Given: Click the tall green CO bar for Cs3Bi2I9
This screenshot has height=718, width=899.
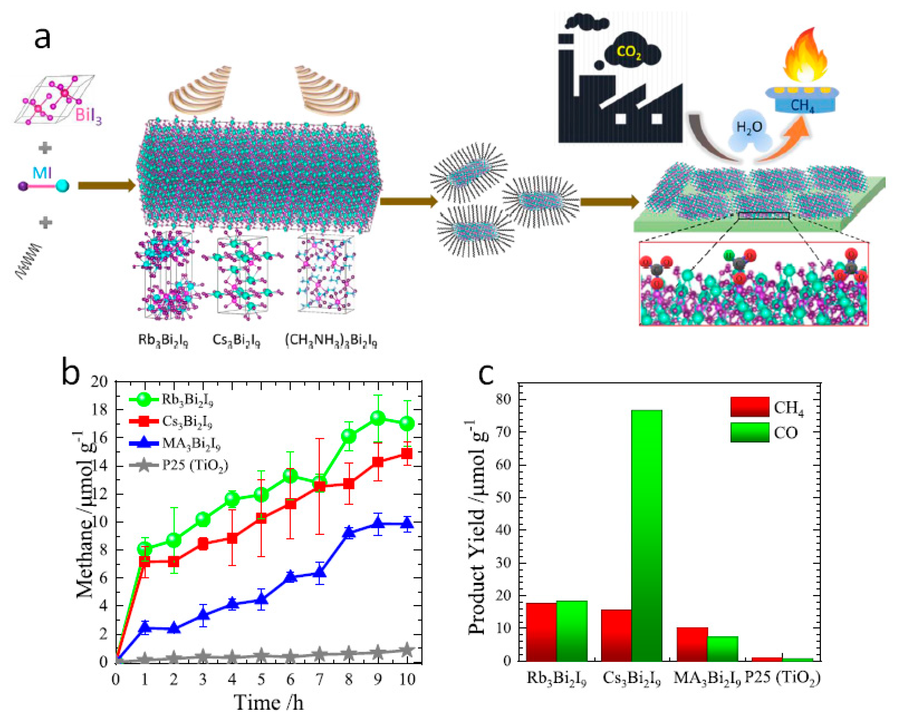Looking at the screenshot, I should coord(647,530).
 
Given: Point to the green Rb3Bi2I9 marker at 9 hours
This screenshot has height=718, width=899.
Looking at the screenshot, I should coord(377,418).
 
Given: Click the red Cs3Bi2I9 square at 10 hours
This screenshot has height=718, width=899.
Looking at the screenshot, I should coord(407,453).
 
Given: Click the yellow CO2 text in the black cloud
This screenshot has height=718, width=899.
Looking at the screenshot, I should coord(629,53).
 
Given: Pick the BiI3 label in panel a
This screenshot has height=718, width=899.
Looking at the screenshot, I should coord(88,115).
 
